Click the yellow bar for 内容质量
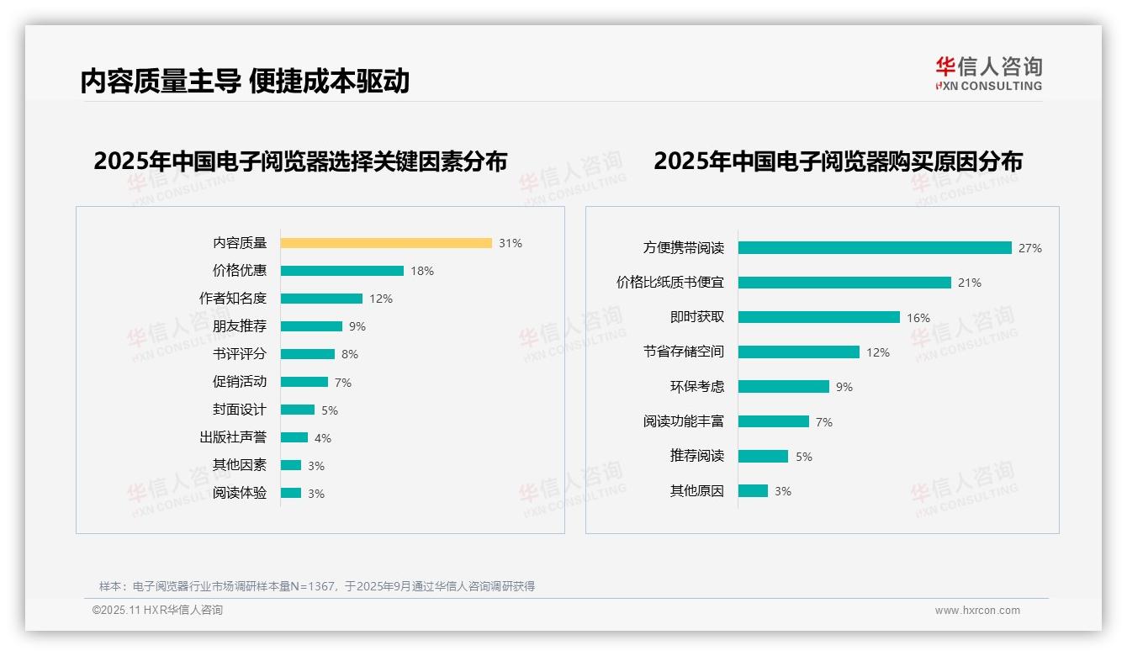pyautogui.click(x=386, y=243)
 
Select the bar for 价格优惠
pyautogui.click(x=342, y=271)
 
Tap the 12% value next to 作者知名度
pyautogui.click(x=381, y=299)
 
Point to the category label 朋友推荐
pyautogui.click(x=240, y=326)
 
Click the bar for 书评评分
pyautogui.click(x=308, y=354)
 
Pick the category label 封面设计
pyautogui.click(x=240, y=410)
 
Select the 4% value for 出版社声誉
pyautogui.click(x=323, y=438)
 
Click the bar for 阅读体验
pyautogui.click(x=291, y=493)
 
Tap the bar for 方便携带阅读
pyautogui.click(x=875, y=248)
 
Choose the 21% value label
pyautogui.click(x=970, y=283)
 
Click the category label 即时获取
pyautogui.click(x=697, y=317)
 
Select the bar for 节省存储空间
pyautogui.click(x=799, y=352)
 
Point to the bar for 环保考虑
pyautogui.click(x=784, y=387)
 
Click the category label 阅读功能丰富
pyautogui.click(x=684, y=421)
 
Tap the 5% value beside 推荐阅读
pyautogui.click(x=804, y=457)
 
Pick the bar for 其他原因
pyautogui.click(x=753, y=491)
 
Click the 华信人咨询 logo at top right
pyautogui.click(x=988, y=74)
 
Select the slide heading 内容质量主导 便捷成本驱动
pyautogui.click(x=245, y=81)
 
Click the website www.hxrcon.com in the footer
pyautogui.click(x=977, y=611)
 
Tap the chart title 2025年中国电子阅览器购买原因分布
pyautogui.click(x=838, y=161)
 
